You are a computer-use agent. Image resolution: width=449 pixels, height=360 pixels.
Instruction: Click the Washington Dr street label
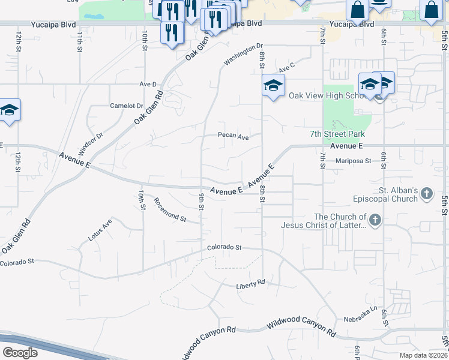[244, 53]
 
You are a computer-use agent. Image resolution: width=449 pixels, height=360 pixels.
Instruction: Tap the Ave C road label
[288, 67]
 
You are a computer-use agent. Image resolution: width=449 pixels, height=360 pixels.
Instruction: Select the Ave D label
[148, 84]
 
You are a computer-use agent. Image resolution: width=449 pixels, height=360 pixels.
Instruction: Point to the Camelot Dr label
[127, 106]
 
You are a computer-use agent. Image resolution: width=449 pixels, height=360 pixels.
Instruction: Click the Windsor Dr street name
[91, 143]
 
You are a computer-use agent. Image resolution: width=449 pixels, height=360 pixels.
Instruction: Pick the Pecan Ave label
[233, 136]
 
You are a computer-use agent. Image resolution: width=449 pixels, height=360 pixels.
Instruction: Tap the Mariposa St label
[354, 160]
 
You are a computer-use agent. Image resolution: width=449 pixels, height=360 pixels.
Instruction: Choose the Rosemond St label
[170, 209]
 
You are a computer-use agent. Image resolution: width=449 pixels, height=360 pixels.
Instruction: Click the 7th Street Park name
[337, 134]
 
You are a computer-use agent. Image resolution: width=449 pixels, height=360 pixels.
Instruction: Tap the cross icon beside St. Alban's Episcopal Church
[426, 193]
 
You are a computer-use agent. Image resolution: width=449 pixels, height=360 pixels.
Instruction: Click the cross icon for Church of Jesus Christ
[375, 220]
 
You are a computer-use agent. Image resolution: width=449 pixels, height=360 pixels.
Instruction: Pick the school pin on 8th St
[273, 86]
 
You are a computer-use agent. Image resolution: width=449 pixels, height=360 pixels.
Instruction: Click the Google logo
[20, 353]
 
